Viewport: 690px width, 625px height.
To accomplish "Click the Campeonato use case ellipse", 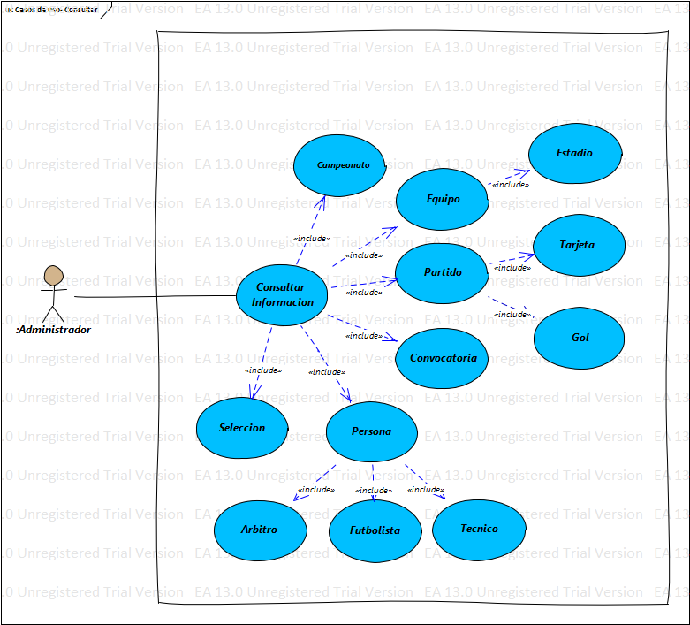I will (x=339, y=165).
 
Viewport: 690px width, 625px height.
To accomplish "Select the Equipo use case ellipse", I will (x=443, y=199).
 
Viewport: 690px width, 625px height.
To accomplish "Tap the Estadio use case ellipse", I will (x=574, y=153).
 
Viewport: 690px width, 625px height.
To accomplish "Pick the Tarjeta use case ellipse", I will (x=579, y=245).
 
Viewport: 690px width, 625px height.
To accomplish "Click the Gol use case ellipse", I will (x=580, y=338).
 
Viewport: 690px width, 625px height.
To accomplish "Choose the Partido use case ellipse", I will (x=442, y=272).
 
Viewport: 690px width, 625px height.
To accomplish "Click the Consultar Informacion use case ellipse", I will (x=282, y=294).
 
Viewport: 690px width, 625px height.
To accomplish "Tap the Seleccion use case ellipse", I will (x=241, y=428).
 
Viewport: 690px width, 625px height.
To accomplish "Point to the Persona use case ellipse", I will (x=371, y=431).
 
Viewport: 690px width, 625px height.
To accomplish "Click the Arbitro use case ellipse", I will (x=260, y=530).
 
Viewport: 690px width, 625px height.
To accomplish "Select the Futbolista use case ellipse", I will (x=375, y=530).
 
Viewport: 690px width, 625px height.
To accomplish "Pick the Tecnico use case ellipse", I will (x=479, y=529).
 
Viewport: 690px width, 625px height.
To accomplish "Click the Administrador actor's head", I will (x=54, y=276).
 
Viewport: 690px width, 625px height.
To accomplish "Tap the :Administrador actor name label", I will (x=53, y=330).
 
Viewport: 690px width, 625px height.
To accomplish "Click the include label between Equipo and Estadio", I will (x=510, y=185).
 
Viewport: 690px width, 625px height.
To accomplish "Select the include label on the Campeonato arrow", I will (x=311, y=239).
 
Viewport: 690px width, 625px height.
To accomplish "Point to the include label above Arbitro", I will (x=315, y=490).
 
